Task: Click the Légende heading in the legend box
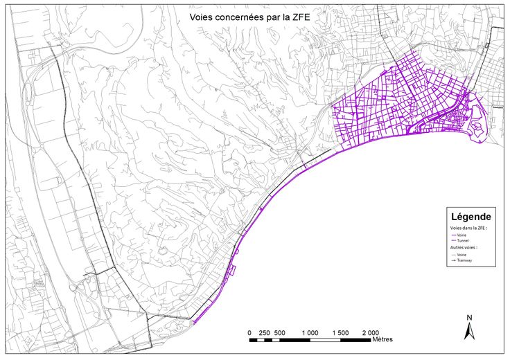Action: pyautogui.click(x=471, y=216)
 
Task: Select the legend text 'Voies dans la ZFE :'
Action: pyautogui.click(x=468, y=228)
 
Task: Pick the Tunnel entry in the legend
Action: pyautogui.click(x=462, y=240)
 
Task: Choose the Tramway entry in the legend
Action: pyautogui.click(x=464, y=260)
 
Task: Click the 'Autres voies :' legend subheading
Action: pyautogui.click(x=464, y=247)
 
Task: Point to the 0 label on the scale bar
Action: pyautogui.click(x=249, y=333)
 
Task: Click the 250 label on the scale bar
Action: pyautogui.click(x=264, y=333)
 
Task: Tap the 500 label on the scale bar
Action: pyautogui.click(x=279, y=333)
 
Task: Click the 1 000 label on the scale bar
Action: pyautogui.click(x=310, y=333)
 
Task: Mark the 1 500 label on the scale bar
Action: pyautogui.click(x=340, y=333)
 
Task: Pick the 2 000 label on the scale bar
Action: pyautogui.click(x=371, y=333)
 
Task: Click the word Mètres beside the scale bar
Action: pyautogui.click(x=382, y=340)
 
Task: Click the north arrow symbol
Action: pyautogui.click(x=468, y=332)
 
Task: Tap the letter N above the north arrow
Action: pyautogui.click(x=469, y=318)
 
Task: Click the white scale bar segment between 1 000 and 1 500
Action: pyautogui.click(x=325, y=340)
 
